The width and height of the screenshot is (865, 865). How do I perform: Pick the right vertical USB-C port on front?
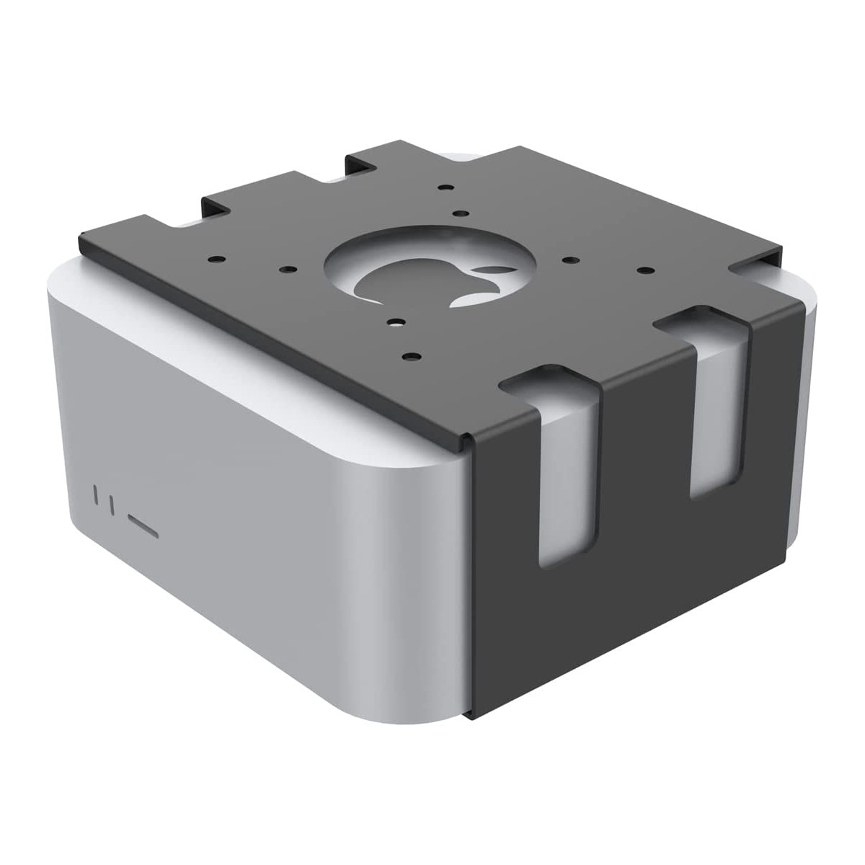pyautogui.click(x=110, y=503)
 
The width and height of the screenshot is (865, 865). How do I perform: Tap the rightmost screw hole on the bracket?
pyautogui.click(x=643, y=270)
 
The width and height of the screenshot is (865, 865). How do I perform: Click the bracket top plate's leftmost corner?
pyautogui.click(x=80, y=238)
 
